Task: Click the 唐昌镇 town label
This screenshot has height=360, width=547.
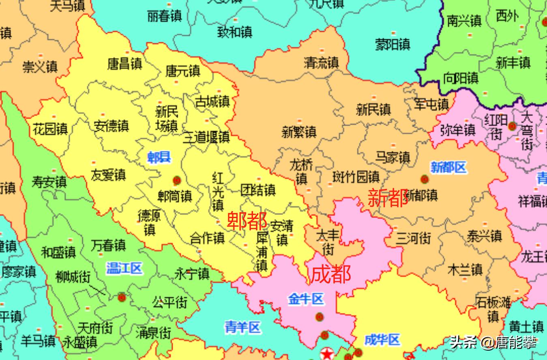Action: [124, 64]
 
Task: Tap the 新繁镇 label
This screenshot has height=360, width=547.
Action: [299, 132]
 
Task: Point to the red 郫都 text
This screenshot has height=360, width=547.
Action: [247, 221]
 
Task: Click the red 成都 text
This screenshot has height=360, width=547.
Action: [330, 274]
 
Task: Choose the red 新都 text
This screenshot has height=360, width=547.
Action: [388, 198]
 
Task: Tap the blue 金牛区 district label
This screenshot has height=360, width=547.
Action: [306, 299]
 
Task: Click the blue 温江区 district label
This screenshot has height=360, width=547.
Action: [124, 268]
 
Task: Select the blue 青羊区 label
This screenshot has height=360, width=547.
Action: [242, 327]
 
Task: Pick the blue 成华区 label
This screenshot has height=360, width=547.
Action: [382, 340]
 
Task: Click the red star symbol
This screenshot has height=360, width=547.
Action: [326, 354]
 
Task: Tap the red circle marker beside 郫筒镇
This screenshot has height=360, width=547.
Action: [176, 180]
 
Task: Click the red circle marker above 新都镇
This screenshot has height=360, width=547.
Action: [425, 179]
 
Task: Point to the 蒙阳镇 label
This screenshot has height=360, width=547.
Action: [392, 44]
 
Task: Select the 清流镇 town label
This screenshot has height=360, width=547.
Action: [321, 62]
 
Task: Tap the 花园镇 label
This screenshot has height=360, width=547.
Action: [50, 130]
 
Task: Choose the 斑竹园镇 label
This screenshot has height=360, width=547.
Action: [356, 177]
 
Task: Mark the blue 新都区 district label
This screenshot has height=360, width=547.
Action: [448, 167]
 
